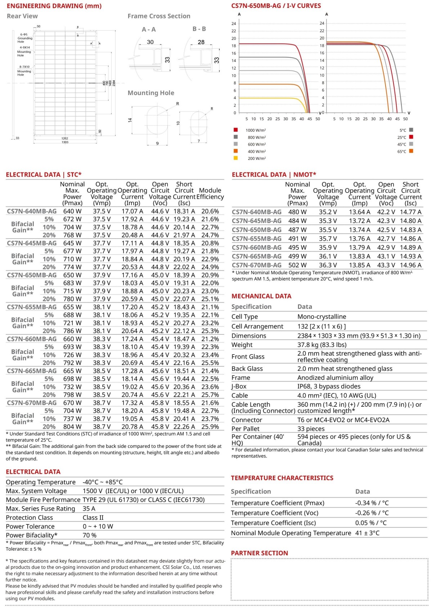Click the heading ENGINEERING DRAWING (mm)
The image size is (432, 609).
point(54,6)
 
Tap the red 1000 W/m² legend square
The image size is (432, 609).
point(236,130)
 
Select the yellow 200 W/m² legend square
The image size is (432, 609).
point(236,158)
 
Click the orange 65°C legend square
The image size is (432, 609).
point(411,151)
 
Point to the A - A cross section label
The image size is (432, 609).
point(149,30)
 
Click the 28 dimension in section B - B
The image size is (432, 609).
point(201,42)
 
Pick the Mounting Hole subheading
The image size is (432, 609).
point(151,93)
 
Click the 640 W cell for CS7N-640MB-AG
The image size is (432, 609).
point(72,211)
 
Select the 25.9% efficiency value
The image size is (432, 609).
point(210,427)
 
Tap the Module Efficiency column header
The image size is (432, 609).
point(210,194)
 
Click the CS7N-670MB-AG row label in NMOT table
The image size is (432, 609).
point(257,265)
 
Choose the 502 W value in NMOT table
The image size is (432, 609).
point(297,265)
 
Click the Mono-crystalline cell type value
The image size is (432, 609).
point(321,317)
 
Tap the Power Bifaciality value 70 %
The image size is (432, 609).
point(90,535)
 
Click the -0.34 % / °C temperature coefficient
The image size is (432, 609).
point(372,503)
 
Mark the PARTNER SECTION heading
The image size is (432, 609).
point(259,553)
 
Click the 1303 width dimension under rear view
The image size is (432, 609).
point(65,142)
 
